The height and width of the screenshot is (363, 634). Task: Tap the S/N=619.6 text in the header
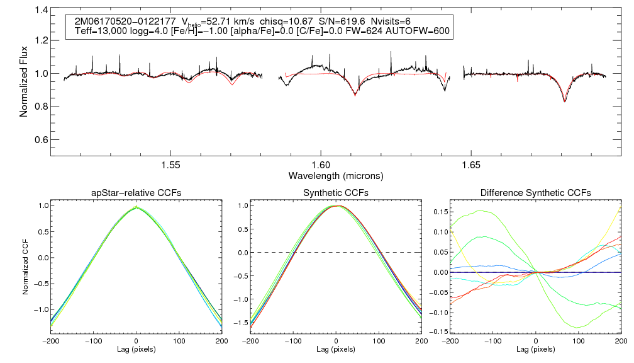point(342,20)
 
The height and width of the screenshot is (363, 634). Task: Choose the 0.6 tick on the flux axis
point(42,139)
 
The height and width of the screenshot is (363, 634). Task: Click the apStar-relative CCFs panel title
point(136,193)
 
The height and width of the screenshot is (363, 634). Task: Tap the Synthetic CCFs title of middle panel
point(336,193)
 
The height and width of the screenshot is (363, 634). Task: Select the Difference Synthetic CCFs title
point(535,193)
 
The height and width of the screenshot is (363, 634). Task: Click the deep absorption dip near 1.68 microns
point(564,100)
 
